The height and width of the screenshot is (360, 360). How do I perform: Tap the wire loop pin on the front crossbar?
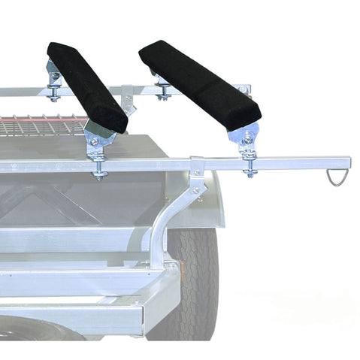(x=335, y=179)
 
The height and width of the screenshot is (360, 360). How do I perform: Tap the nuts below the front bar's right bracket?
(x=249, y=171)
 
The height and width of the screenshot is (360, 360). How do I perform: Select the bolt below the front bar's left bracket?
(x=98, y=174)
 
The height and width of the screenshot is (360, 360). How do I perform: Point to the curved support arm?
(x=170, y=218)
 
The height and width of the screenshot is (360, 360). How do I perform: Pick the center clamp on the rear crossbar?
(x=129, y=98)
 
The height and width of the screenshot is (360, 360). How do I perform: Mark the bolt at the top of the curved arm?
(x=196, y=190)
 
